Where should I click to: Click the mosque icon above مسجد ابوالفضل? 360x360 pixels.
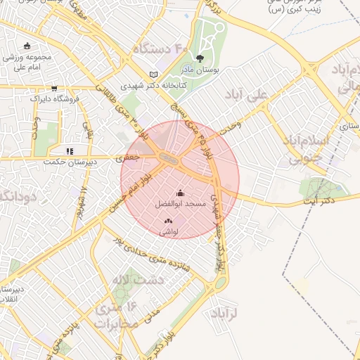[x=180, y=193]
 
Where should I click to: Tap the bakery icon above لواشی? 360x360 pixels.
[x=168, y=221]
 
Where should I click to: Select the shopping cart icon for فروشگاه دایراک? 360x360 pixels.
[x=54, y=89]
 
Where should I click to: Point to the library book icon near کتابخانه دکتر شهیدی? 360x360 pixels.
[x=154, y=75]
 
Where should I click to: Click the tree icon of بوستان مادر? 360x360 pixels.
[x=201, y=59]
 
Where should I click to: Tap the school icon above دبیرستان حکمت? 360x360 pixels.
[x=69, y=150]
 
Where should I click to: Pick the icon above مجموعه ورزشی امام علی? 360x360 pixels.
[x=27, y=46]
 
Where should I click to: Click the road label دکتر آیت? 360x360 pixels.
[x=318, y=202]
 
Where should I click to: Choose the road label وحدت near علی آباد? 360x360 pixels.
[x=230, y=127]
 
